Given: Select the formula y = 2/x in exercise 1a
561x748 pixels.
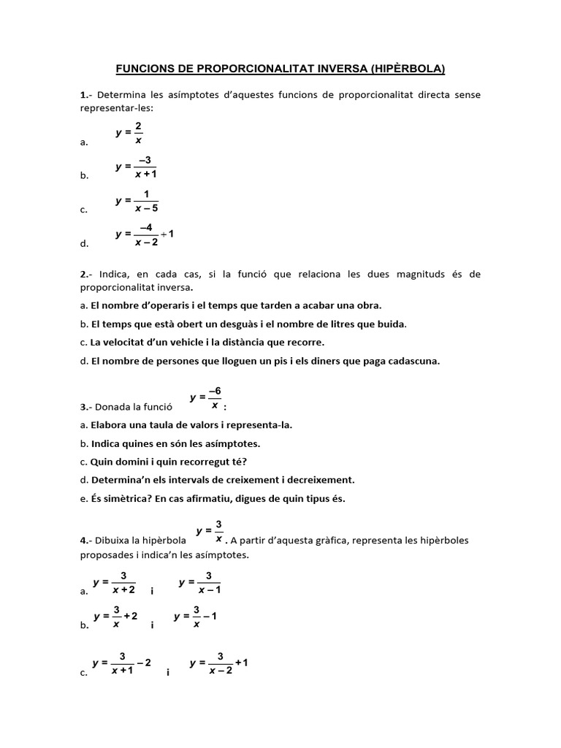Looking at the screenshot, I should click(129, 133).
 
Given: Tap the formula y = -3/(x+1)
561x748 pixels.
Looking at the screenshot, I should click(137, 167).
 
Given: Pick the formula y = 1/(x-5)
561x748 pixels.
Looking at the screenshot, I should click(137, 200).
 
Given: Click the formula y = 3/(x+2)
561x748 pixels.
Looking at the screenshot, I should click(115, 582).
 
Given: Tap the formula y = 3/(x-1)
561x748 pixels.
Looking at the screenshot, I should click(200, 582).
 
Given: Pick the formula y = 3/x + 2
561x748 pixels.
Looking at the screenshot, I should click(115, 617).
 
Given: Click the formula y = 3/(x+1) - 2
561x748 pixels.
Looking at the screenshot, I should click(122, 663).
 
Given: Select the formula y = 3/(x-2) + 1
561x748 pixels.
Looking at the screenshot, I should click(219, 663).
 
